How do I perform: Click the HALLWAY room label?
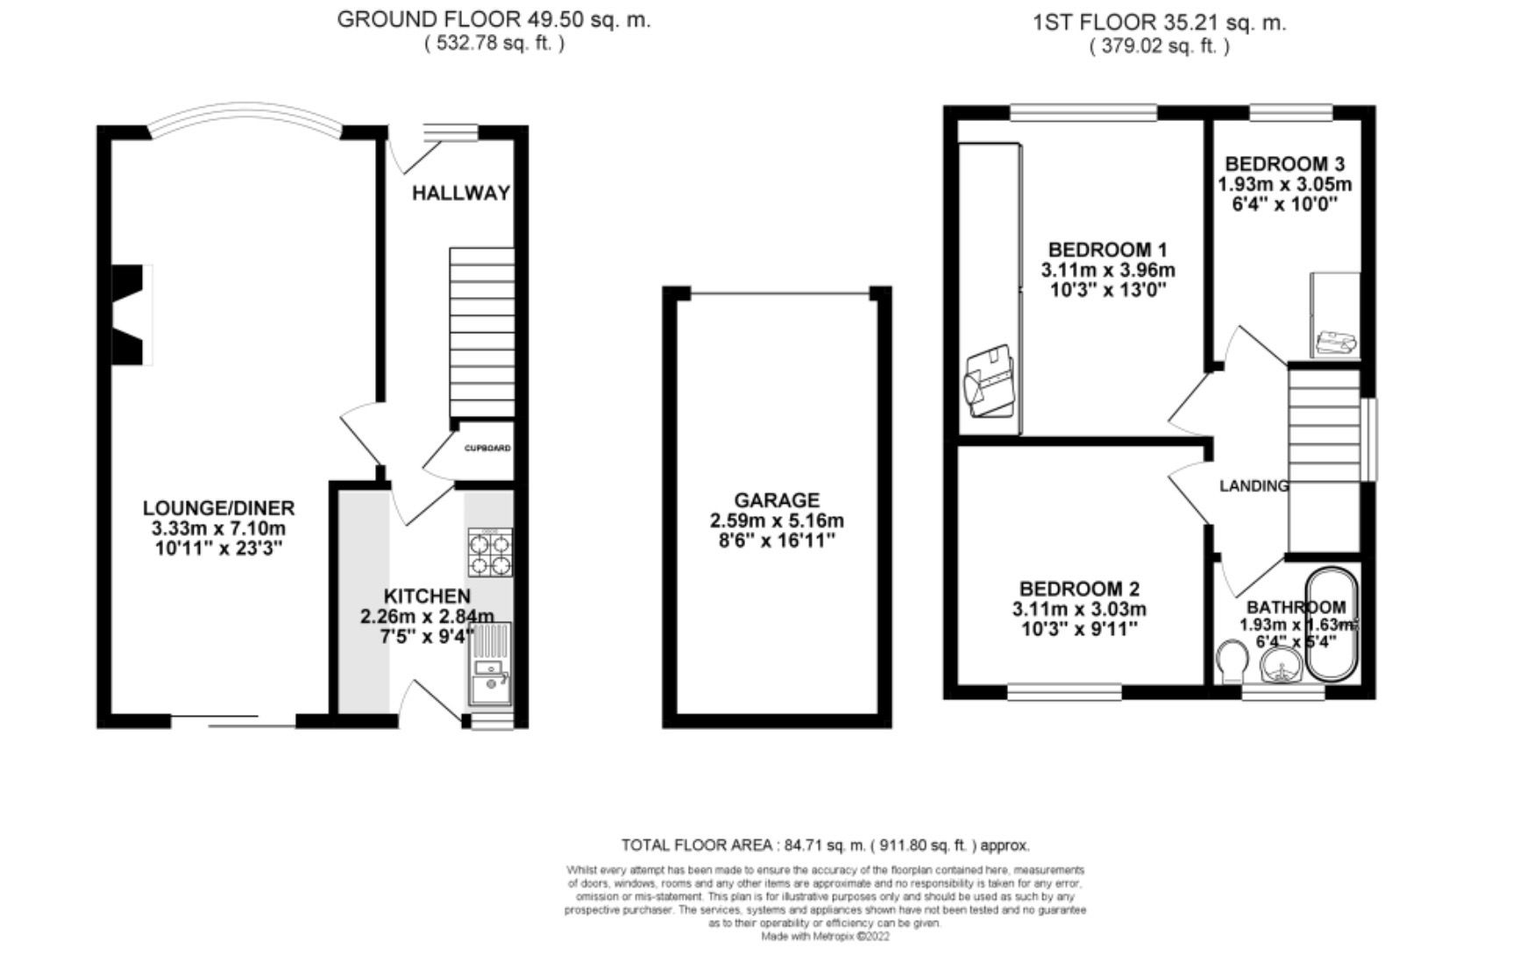click(x=461, y=193)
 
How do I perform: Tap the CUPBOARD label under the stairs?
click(x=487, y=449)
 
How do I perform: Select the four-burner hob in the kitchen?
click(x=490, y=553)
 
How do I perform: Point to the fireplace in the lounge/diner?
click(x=130, y=314)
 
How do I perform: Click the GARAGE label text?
click(x=777, y=500)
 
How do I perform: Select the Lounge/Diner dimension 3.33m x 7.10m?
click(x=218, y=529)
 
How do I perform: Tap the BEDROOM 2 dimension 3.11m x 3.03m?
click(x=1079, y=610)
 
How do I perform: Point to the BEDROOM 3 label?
click(x=1284, y=164)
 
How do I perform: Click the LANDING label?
click(x=1254, y=485)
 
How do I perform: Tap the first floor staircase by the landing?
click(x=1324, y=459)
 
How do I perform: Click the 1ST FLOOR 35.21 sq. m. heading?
click(x=1159, y=24)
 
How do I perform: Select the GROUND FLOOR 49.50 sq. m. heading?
click(x=494, y=20)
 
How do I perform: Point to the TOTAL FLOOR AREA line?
click(x=825, y=845)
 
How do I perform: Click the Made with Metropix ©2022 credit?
click(x=825, y=936)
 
